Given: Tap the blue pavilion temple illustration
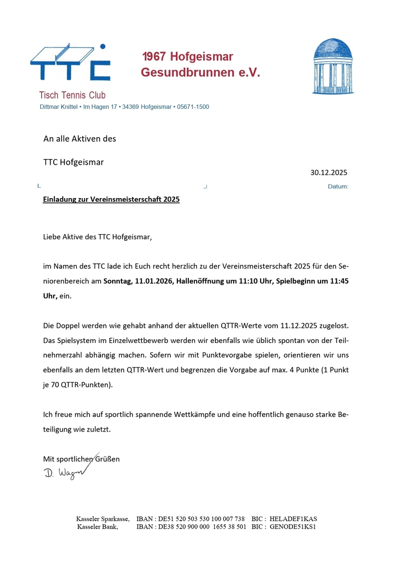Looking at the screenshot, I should click(332, 67).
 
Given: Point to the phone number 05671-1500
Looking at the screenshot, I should click(193, 107).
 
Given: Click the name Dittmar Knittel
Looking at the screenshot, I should click(58, 107).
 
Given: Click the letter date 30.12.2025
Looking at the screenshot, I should click(329, 173).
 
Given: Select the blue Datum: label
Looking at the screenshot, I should click(338, 187).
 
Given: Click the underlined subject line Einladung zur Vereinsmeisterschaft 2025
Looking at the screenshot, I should click(111, 199).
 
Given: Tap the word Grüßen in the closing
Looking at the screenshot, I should click(107, 459).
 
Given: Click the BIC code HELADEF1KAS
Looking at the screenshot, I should click(293, 519).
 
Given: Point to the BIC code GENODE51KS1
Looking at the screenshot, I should click(293, 527).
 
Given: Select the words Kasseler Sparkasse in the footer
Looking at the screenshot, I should click(103, 519).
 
